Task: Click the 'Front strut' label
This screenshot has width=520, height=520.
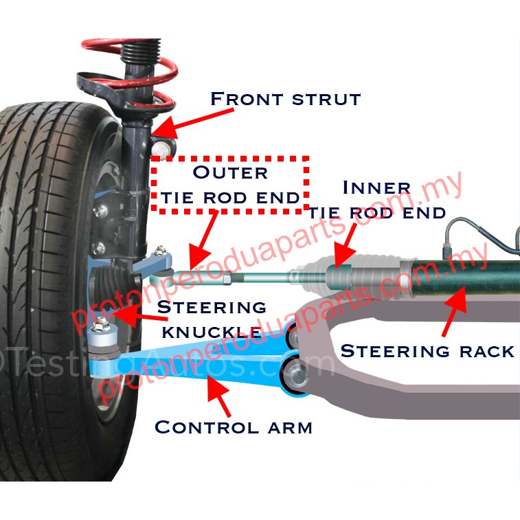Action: [285, 98]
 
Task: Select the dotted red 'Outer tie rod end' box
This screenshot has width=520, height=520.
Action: [230, 184]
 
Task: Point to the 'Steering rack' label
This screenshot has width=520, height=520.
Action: [427, 351]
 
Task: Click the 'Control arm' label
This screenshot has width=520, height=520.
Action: [234, 427]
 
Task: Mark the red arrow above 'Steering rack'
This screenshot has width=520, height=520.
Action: [453, 309]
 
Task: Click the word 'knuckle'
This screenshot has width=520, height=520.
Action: [210, 332]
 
